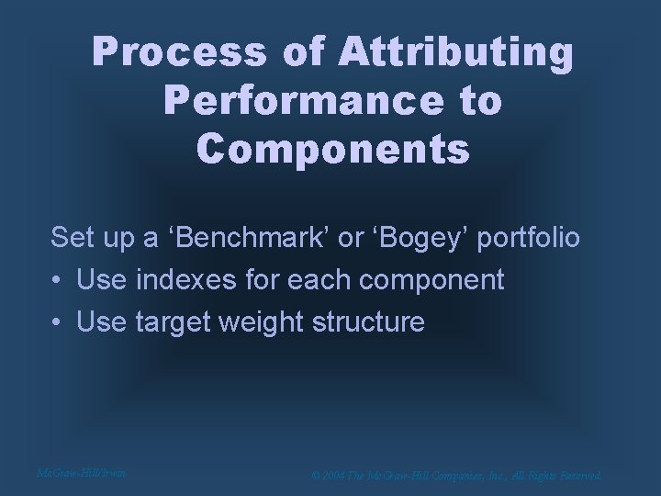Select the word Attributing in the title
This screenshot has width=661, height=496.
pos(455,55)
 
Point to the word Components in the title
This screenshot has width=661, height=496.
pos(333,147)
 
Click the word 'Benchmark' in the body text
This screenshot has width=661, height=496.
pos(241,238)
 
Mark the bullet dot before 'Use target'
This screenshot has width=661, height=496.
pos(58,322)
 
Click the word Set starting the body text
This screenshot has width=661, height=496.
pos(71,238)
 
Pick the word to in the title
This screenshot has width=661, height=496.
pos(480,101)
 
